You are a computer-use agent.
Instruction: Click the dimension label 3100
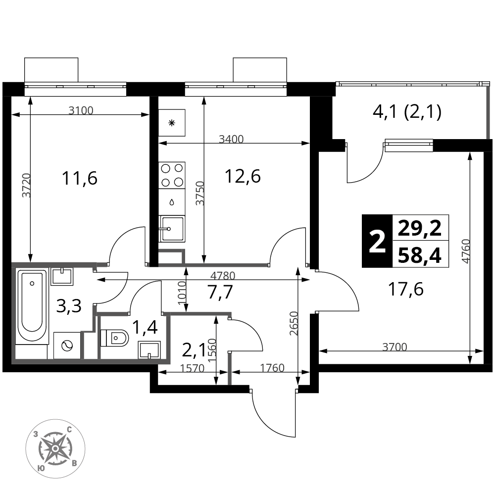[81, 111]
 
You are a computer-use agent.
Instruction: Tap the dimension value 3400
[231, 140]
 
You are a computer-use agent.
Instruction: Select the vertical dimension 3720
[27, 186]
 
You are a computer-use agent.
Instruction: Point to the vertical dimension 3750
[199, 194]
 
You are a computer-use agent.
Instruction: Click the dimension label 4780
[223, 276]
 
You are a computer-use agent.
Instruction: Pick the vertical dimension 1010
[182, 293]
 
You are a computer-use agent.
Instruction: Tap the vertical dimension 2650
[294, 324]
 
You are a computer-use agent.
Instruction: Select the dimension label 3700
[395, 347]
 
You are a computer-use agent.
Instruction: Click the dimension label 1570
[192, 368]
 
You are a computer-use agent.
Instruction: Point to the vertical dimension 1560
[212, 350]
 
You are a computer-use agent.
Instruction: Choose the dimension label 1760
[272, 368]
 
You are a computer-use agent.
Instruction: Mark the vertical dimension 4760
[465, 251]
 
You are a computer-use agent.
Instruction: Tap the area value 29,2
[420, 228]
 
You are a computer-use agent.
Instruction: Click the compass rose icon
[55, 448]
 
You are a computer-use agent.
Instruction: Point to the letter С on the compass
[69, 430]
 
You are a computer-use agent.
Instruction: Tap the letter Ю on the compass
[41, 468]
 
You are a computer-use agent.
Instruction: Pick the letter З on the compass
[36, 434]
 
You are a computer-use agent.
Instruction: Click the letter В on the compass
[74, 463]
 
